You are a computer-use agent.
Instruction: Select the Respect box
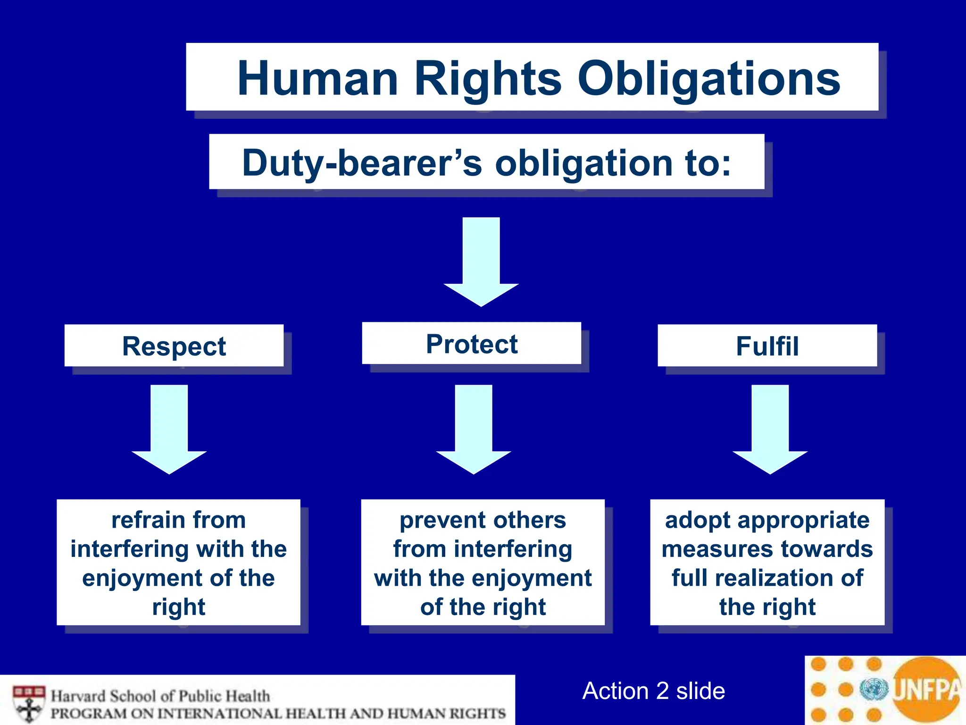pos(174,346)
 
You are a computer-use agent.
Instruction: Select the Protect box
pos(472,344)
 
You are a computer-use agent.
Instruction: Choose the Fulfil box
pos(767,346)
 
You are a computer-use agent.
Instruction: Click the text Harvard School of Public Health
pos(160,696)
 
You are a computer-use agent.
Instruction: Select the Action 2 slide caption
pos(654,691)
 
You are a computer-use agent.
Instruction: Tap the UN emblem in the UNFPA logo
pos(874,690)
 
